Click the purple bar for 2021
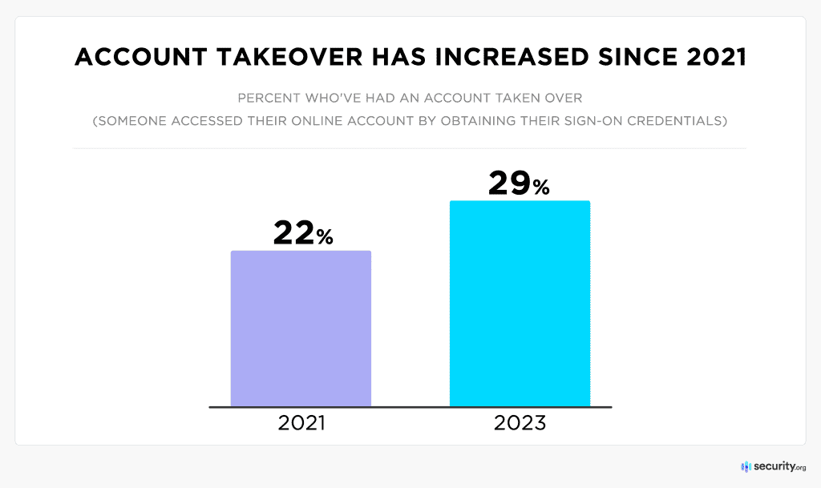301,329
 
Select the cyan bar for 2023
520,304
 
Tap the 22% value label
302,233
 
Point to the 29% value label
519,184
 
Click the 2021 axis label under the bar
301,423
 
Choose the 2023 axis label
520,423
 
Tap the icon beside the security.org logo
746,466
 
